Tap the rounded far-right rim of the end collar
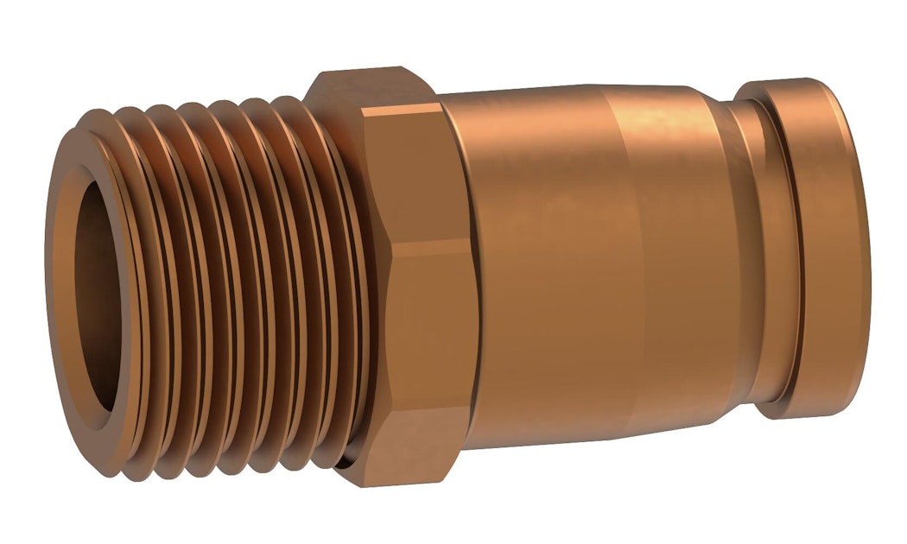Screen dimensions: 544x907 point(859,250)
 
